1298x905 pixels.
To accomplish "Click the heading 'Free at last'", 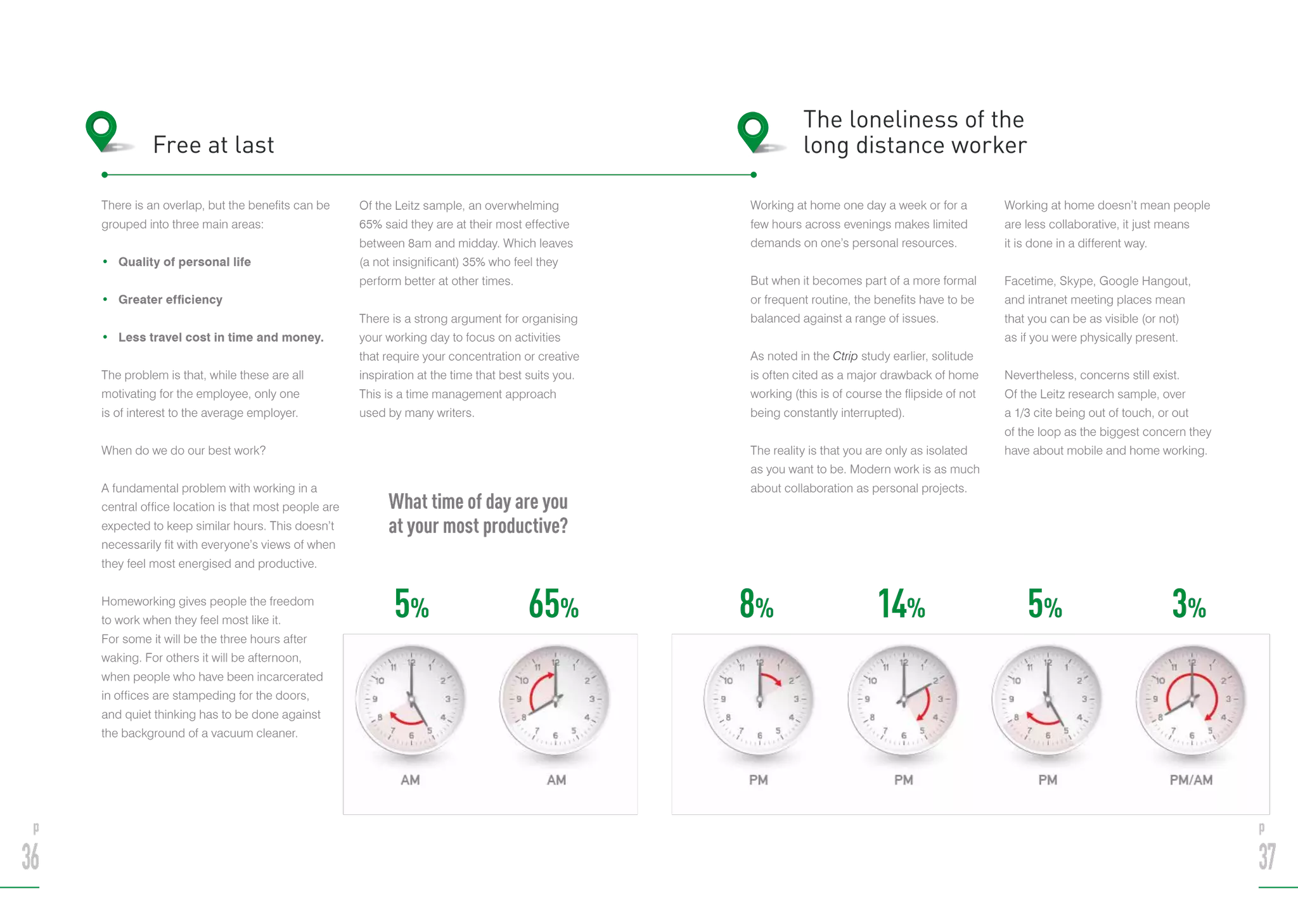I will click(214, 145).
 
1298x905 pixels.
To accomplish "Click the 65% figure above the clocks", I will click(553, 604).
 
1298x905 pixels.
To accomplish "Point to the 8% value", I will click(756, 604).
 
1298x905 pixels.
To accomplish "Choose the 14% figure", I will click(901, 604).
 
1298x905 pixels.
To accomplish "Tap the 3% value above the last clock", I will click(1188, 604).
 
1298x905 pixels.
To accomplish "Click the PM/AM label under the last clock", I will click(1191, 780).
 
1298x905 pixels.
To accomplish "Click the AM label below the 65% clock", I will click(556, 780).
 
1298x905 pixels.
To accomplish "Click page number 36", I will click(30, 857).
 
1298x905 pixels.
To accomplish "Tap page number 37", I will click(1266, 857).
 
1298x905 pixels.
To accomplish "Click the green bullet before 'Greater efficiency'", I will click(105, 299).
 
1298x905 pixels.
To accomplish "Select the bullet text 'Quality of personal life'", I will click(184, 262).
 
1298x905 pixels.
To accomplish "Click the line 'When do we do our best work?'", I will click(184, 451).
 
